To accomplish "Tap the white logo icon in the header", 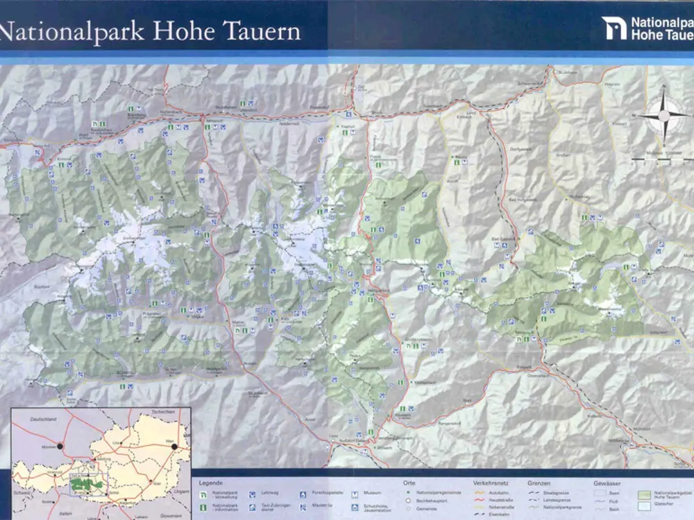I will click(613, 28).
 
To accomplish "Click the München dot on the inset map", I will click(60, 446).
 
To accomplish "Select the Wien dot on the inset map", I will click(174, 446).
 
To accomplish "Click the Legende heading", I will click(211, 483).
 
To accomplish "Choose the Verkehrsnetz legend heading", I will click(493, 483).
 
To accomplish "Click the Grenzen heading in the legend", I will click(539, 483).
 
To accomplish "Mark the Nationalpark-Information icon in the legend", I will click(204, 508).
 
